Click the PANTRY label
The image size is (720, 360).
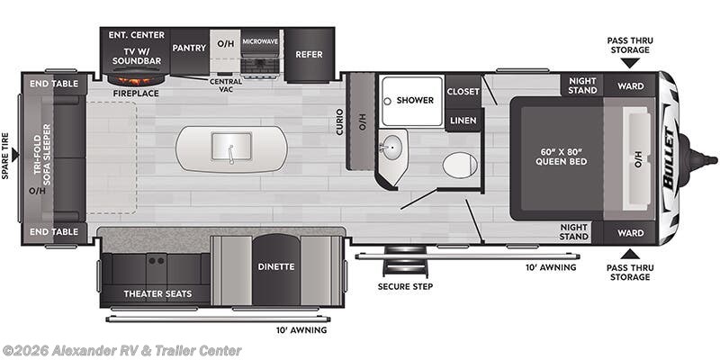click(189, 47)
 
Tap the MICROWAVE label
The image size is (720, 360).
click(259, 41)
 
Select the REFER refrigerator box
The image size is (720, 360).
click(309, 54)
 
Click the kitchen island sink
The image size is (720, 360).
click(231, 147)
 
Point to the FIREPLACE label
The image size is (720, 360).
click(137, 92)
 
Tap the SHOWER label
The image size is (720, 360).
click(415, 100)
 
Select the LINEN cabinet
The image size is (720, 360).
click(463, 119)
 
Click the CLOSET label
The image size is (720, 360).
click(463, 91)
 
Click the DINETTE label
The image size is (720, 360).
click(277, 266)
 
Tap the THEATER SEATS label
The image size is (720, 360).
click(155, 294)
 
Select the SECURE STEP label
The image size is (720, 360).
click(405, 287)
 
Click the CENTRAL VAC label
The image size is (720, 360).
click(226, 85)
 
